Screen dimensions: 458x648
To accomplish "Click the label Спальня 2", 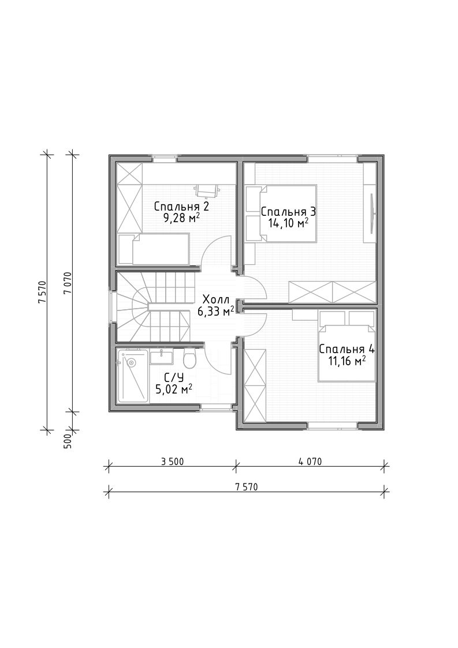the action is [x=181, y=206].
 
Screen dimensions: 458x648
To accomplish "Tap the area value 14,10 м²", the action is [x=288, y=223].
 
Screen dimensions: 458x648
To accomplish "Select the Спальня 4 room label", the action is [x=347, y=349].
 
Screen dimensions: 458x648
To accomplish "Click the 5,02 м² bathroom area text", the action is [x=173, y=389].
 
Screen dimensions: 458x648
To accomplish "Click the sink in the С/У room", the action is [x=161, y=357].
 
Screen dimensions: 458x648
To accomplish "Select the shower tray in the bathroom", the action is [x=132, y=376].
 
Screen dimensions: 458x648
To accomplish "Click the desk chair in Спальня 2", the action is [x=207, y=190].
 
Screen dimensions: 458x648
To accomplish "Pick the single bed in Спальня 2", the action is [x=154, y=249].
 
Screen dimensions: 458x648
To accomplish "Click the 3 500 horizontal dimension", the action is [x=172, y=462].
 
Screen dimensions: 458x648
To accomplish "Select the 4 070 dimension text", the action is [x=310, y=462].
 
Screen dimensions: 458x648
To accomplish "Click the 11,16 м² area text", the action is [x=347, y=362].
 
